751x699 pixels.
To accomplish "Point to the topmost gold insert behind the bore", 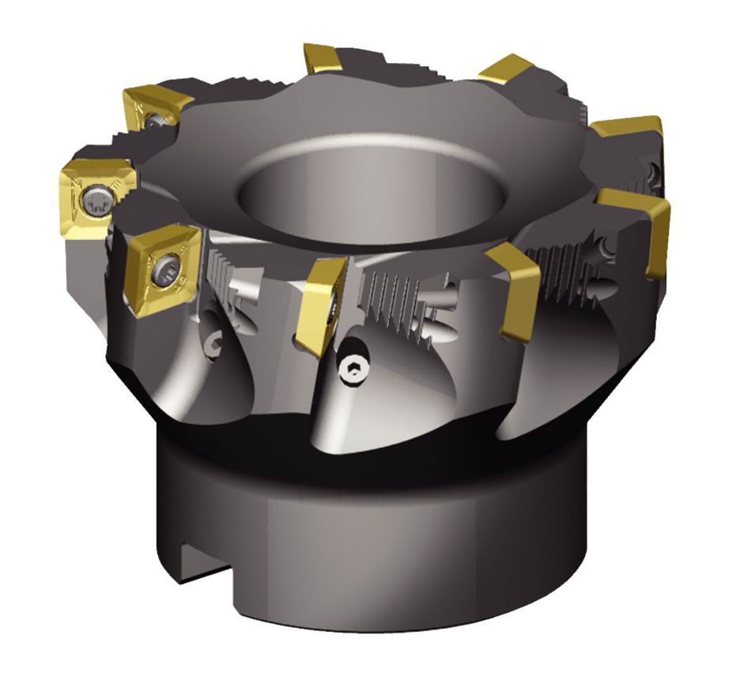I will (323, 59).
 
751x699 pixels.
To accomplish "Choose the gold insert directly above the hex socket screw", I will (319, 304).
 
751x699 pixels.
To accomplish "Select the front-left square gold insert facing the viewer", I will (161, 269).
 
